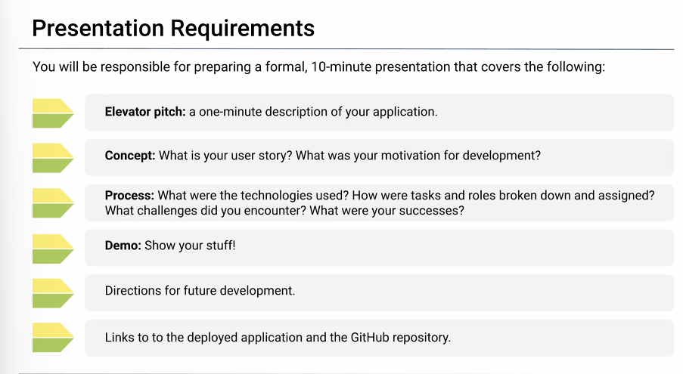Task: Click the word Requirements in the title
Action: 242,29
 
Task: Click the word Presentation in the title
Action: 98,28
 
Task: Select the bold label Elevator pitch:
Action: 145,112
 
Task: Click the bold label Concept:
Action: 130,156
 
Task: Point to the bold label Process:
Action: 129,195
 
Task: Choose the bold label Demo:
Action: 123,246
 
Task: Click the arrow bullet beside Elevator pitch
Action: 53,113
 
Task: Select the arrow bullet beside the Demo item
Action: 53,249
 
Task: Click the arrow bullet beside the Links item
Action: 53,338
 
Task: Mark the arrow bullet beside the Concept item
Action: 53,158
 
